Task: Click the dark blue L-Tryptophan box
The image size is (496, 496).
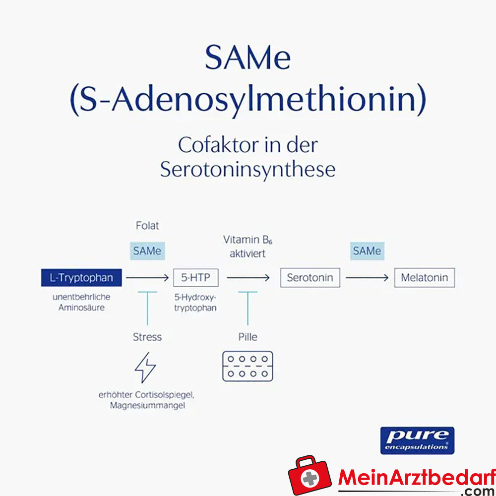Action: pyautogui.click(x=81, y=277)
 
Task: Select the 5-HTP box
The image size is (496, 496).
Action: pyautogui.click(x=196, y=277)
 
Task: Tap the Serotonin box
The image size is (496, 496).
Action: pyautogui.click(x=310, y=277)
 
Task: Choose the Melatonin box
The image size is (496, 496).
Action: pyautogui.click(x=424, y=277)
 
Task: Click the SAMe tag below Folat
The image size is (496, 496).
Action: pyautogui.click(x=147, y=251)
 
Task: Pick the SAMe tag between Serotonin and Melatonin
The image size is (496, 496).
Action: pyautogui.click(x=367, y=251)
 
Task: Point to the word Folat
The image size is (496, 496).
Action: pyautogui.click(x=147, y=226)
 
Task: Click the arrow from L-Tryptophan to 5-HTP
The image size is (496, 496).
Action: pyautogui.click(x=147, y=278)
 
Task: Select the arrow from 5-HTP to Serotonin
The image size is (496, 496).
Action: pyautogui.click(x=248, y=278)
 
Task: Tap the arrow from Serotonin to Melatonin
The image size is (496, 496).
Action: pyautogui.click(x=367, y=278)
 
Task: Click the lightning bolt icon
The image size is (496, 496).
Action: pyautogui.click(x=145, y=368)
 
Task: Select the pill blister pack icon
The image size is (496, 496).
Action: pyautogui.click(x=248, y=366)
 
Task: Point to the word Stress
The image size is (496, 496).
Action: pyautogui.click(x=147, y=337)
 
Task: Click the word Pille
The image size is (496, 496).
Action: pyautogui.click(x=248, y=337)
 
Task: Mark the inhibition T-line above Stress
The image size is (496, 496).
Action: pyautogui.click(x=147, y=309)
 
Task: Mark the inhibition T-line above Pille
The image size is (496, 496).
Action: pyautogui.click(x=248, y=309)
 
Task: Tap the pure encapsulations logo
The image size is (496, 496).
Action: pyautogui.click(x=417, y=440)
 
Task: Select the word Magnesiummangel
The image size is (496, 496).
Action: pyautogui.click(x=147, y=405)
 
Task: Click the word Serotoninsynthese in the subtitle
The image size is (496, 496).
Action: pyautogui.click(x=248, y=170)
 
